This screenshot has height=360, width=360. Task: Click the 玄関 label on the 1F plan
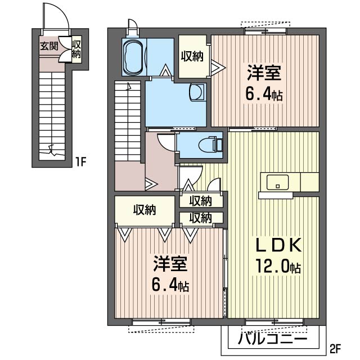[x=49, y=47]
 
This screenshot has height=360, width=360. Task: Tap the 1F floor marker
[x=80, y=163]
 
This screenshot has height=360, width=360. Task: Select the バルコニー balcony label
[x=272, y=339]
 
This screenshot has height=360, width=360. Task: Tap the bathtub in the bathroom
[x=133, y=57]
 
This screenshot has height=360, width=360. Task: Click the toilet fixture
[x=211, y=145]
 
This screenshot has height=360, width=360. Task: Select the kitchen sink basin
[x=277, y=182]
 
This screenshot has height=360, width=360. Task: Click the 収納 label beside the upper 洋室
[x=192, y=56]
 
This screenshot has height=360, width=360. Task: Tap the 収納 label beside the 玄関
[x=76, y=49]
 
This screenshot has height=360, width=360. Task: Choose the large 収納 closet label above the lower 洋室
[x=145, y=210]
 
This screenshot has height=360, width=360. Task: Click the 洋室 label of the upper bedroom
[x=264, y=73]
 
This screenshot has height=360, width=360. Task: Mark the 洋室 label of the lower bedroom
[x=170, y=264]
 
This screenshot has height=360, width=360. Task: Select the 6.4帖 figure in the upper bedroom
[x=264, y=94]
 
